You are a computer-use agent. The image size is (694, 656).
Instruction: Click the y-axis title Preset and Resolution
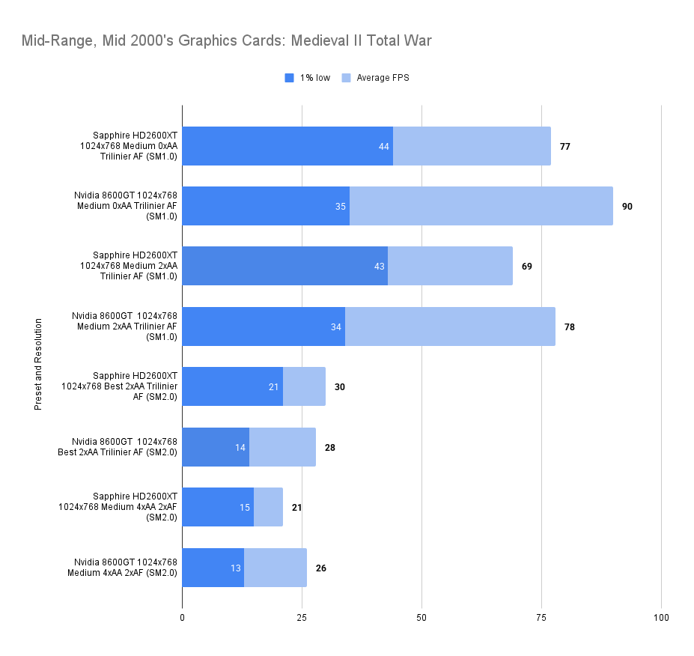coord(37,365)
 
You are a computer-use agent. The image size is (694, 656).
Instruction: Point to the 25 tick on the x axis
coord(302,618)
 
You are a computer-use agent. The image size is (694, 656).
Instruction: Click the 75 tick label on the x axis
coord(541,618)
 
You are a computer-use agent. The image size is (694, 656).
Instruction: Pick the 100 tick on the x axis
coord(661,618)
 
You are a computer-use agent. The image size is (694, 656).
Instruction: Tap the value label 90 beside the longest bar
coord(627,206)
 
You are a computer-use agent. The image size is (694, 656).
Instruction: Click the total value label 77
coord(565,146)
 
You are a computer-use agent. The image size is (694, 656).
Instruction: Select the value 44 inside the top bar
coord(384,146)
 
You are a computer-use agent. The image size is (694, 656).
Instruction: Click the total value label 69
coord(527,266)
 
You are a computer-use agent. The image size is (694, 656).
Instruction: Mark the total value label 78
coord(570,327)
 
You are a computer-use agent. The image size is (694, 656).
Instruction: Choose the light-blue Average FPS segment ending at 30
coord(304,386)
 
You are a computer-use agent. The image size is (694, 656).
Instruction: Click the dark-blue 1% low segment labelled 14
coord(216,447)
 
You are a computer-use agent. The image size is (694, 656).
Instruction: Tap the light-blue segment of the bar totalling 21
coord(268,507)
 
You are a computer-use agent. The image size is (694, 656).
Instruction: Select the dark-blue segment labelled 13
coord(213,568)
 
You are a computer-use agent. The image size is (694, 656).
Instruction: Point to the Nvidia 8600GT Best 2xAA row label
coord(124,447)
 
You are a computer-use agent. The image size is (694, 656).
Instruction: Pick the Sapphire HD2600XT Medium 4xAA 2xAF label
coord(124,507)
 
